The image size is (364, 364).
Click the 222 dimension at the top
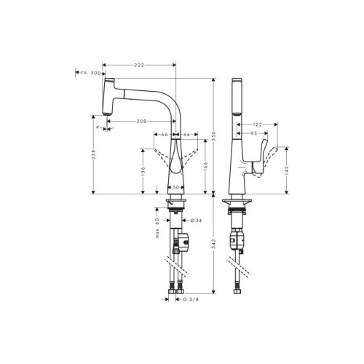coord(140,66)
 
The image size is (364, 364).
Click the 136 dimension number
coord(143,172)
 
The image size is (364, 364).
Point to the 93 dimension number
coord(253,135)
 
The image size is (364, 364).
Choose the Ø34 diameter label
coord(196,220)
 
